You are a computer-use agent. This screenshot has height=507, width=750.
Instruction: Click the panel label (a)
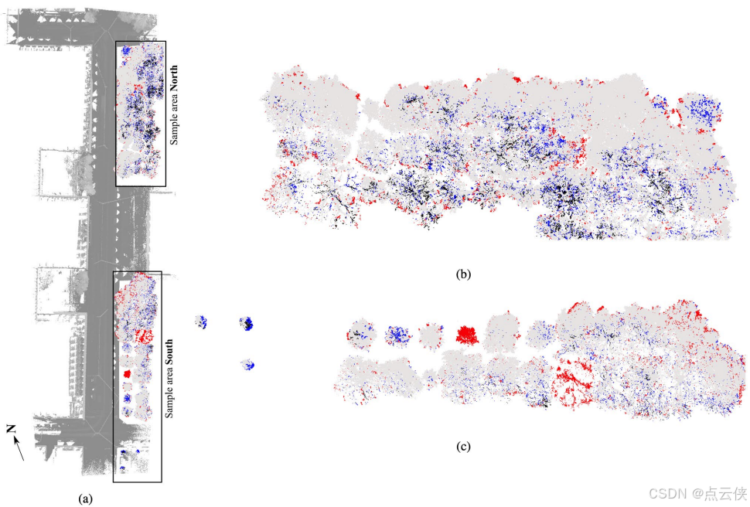point(85,498)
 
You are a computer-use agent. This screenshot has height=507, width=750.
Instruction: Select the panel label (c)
point(463,446)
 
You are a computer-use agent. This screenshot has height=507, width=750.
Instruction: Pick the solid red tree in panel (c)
point(466,335)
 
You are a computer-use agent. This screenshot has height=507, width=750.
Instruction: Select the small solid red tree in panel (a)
point(128,373)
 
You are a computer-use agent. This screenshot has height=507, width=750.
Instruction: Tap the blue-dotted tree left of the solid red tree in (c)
point(397,334)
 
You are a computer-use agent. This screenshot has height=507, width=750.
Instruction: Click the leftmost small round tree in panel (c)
point(360,334)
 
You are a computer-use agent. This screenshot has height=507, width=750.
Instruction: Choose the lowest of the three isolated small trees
point(248,364)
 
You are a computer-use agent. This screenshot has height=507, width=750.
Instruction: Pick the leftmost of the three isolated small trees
point(201,322)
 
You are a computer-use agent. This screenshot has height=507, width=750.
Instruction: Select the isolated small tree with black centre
point(247,323)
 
